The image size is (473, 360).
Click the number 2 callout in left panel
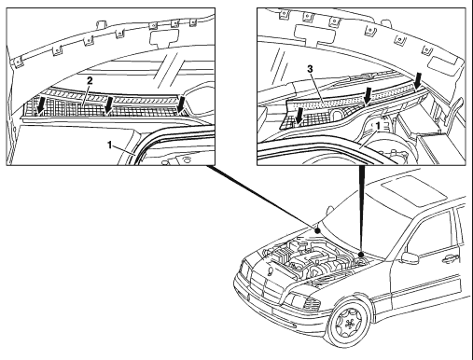[x=90, y=81]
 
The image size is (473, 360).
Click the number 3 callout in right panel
[x=310, y=69]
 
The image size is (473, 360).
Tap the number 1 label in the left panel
[x=109, y=145]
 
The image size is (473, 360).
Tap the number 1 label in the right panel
[x=378, y=126]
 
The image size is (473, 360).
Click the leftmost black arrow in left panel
[x=40, y=105]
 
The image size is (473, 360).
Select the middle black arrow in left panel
[x=108, y=104]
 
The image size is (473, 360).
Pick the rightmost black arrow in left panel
[x=181, y=104]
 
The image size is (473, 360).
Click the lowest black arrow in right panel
[x=299, y=116]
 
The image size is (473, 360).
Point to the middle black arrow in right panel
[x=368, y=95]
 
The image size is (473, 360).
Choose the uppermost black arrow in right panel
[x=418, y=80]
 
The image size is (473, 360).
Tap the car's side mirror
[x=410, y=258]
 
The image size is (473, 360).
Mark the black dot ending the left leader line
[x=317, y=231]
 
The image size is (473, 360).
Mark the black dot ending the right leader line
[x=361, y=255]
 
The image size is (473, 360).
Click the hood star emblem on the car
[x=270, y=272]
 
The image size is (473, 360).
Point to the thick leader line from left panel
[x=261, y=198]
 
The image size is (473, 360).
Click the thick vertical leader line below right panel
[x=361, y=209]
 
